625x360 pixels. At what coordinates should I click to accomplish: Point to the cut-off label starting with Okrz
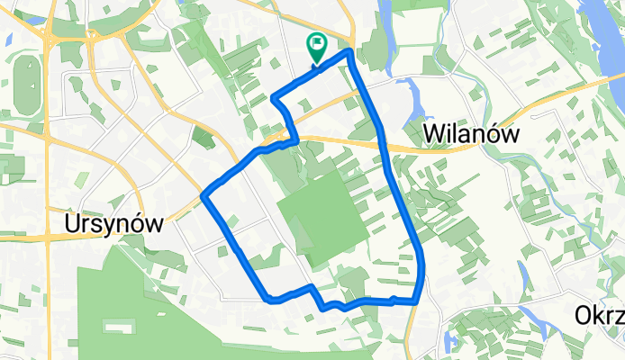tap(598, 314)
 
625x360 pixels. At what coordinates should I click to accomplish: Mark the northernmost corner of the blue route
tap(349, 52)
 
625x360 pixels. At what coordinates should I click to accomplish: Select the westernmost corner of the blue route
tap(203, 194)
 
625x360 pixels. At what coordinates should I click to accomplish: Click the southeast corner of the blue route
tap(416, 301)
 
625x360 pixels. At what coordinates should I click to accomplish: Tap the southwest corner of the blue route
tap(267, 299)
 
